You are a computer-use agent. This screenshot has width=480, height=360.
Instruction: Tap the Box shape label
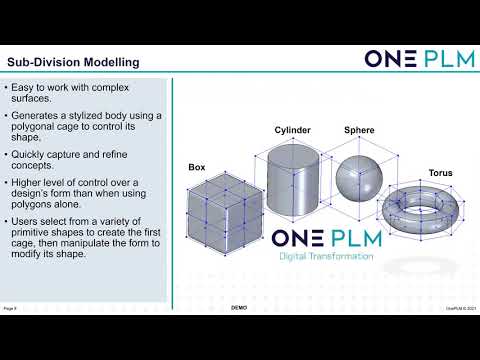197,167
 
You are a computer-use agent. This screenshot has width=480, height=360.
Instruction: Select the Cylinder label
293,130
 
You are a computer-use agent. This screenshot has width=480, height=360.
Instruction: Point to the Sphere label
360,130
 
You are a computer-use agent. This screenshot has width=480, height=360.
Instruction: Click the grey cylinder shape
293,185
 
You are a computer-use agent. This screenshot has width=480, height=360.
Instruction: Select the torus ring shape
420,211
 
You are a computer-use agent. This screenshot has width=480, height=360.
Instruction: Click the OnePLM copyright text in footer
460,307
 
